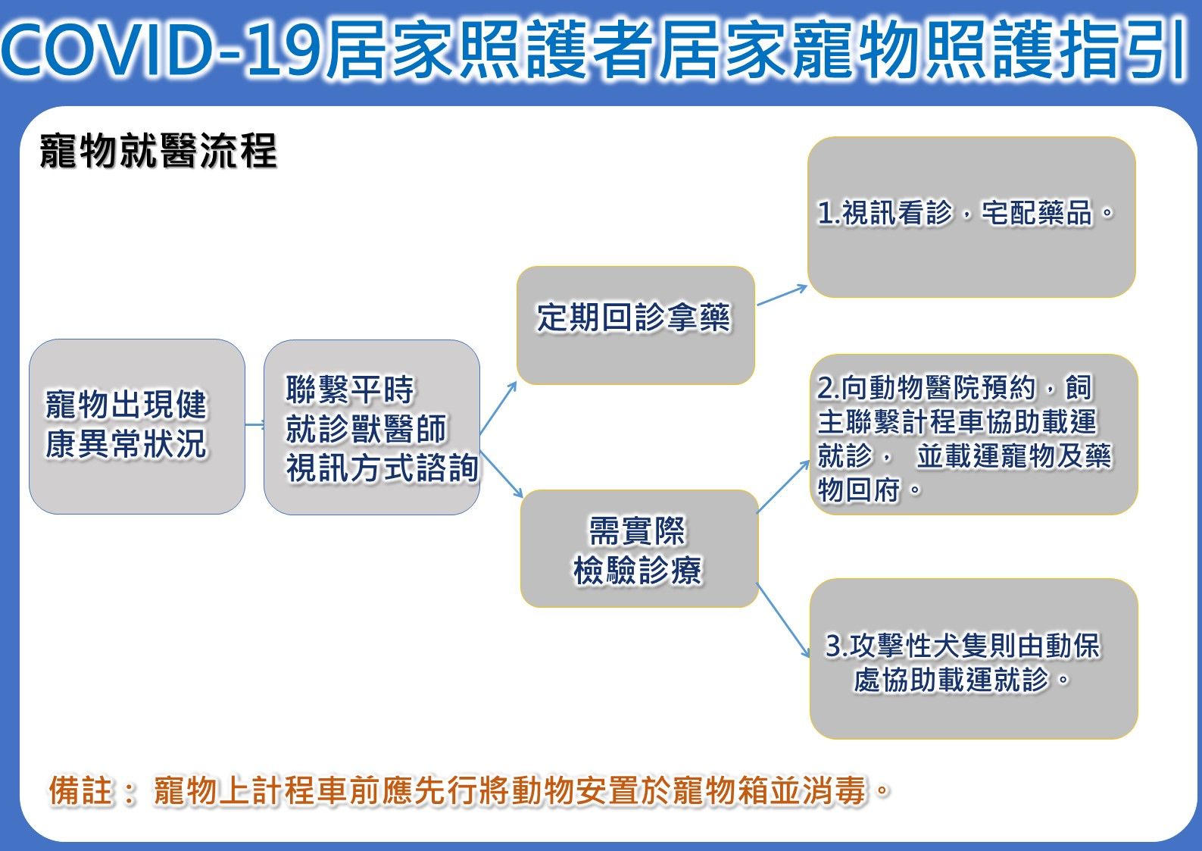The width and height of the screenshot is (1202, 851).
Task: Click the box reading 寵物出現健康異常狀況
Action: [136, 427]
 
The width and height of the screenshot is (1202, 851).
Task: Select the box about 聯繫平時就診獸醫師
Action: [371, 427]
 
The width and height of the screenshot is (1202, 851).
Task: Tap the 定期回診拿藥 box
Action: [635, 324]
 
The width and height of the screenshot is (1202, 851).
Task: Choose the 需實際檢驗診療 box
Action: [638, 549]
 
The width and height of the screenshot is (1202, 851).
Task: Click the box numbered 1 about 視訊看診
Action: [971, 217]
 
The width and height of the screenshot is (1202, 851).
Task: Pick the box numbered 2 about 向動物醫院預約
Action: [973, 435]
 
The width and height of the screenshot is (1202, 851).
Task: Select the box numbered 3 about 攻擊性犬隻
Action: [973, 659]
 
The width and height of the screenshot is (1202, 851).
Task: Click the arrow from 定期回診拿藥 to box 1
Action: [782, 295]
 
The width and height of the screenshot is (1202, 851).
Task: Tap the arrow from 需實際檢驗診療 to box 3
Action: [783, 620]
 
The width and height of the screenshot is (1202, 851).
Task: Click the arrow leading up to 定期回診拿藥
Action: [498, 408]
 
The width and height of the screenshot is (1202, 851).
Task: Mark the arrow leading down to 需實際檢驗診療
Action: [501, 474]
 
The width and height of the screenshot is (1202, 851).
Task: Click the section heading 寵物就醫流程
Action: [158, 151]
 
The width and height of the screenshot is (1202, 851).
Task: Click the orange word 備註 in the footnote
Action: [80, 790]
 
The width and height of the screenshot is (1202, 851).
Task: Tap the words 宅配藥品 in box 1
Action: [1038, 213]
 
